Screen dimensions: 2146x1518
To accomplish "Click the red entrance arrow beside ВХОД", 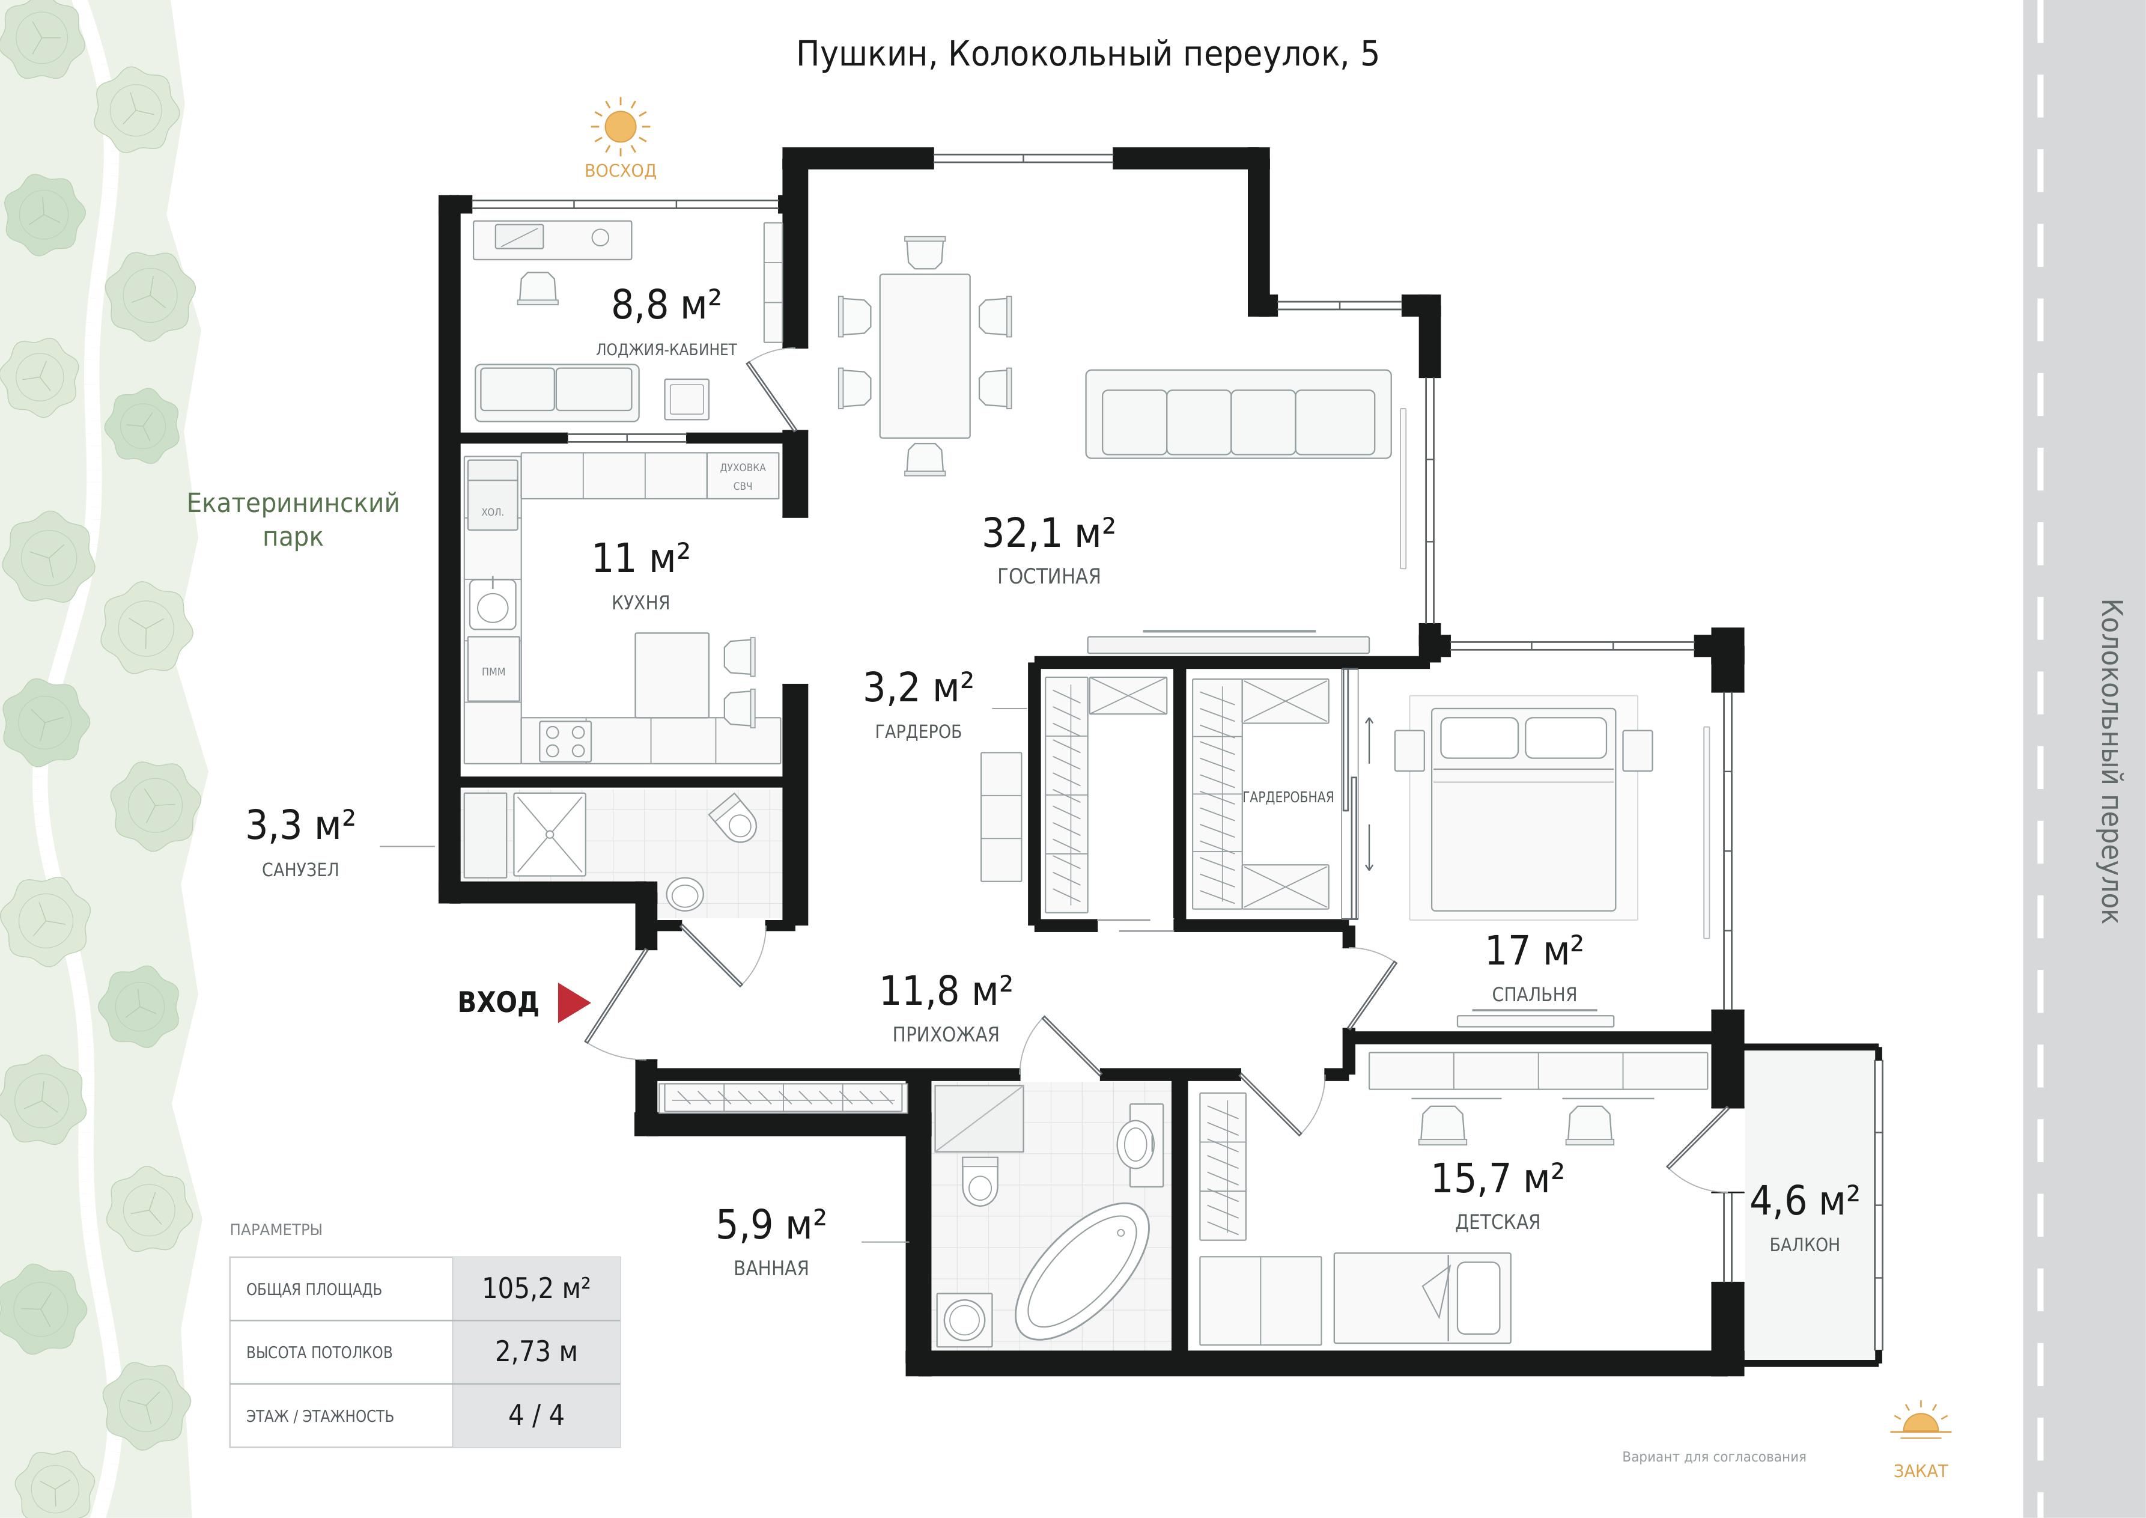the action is pos(572,1002).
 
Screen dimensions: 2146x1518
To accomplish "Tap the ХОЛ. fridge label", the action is pos(493,512).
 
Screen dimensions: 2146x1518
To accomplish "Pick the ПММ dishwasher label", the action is pos(493,671).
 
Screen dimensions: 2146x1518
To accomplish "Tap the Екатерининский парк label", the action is pos(294,520).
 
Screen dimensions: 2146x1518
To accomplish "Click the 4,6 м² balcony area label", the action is pos(1804,1201).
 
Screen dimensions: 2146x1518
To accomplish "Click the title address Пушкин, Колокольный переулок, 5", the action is pos(1087,54).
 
